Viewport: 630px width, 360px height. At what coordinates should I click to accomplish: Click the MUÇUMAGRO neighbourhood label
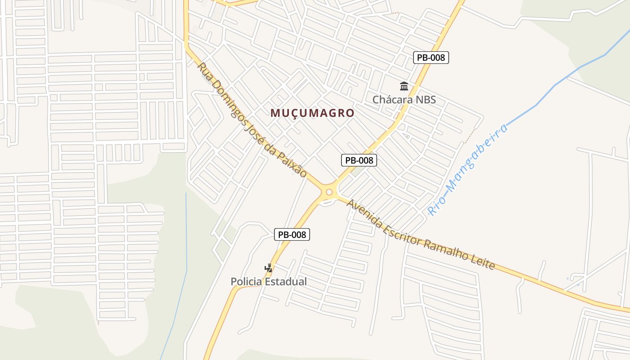click(312, 113)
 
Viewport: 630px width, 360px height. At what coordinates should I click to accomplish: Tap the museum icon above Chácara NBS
click(404, 86)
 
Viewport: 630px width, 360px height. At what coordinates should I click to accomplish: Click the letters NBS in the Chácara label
click(426, 99)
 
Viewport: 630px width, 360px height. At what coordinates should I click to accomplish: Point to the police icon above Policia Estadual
click(269, 268)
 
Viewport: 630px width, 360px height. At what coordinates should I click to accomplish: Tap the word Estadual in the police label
click(286, 282)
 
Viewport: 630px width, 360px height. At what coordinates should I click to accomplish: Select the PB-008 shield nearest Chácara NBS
click(431, 57)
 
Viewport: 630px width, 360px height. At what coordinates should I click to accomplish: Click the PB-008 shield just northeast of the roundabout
click(359, 160)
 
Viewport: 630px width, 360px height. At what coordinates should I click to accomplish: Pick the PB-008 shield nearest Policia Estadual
click(292, 234)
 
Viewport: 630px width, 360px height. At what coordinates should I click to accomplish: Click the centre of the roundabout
click(329, 192)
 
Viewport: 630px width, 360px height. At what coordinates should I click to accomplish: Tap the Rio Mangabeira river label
click(468, 169)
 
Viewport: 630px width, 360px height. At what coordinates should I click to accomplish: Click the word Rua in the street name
click(204, 71)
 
